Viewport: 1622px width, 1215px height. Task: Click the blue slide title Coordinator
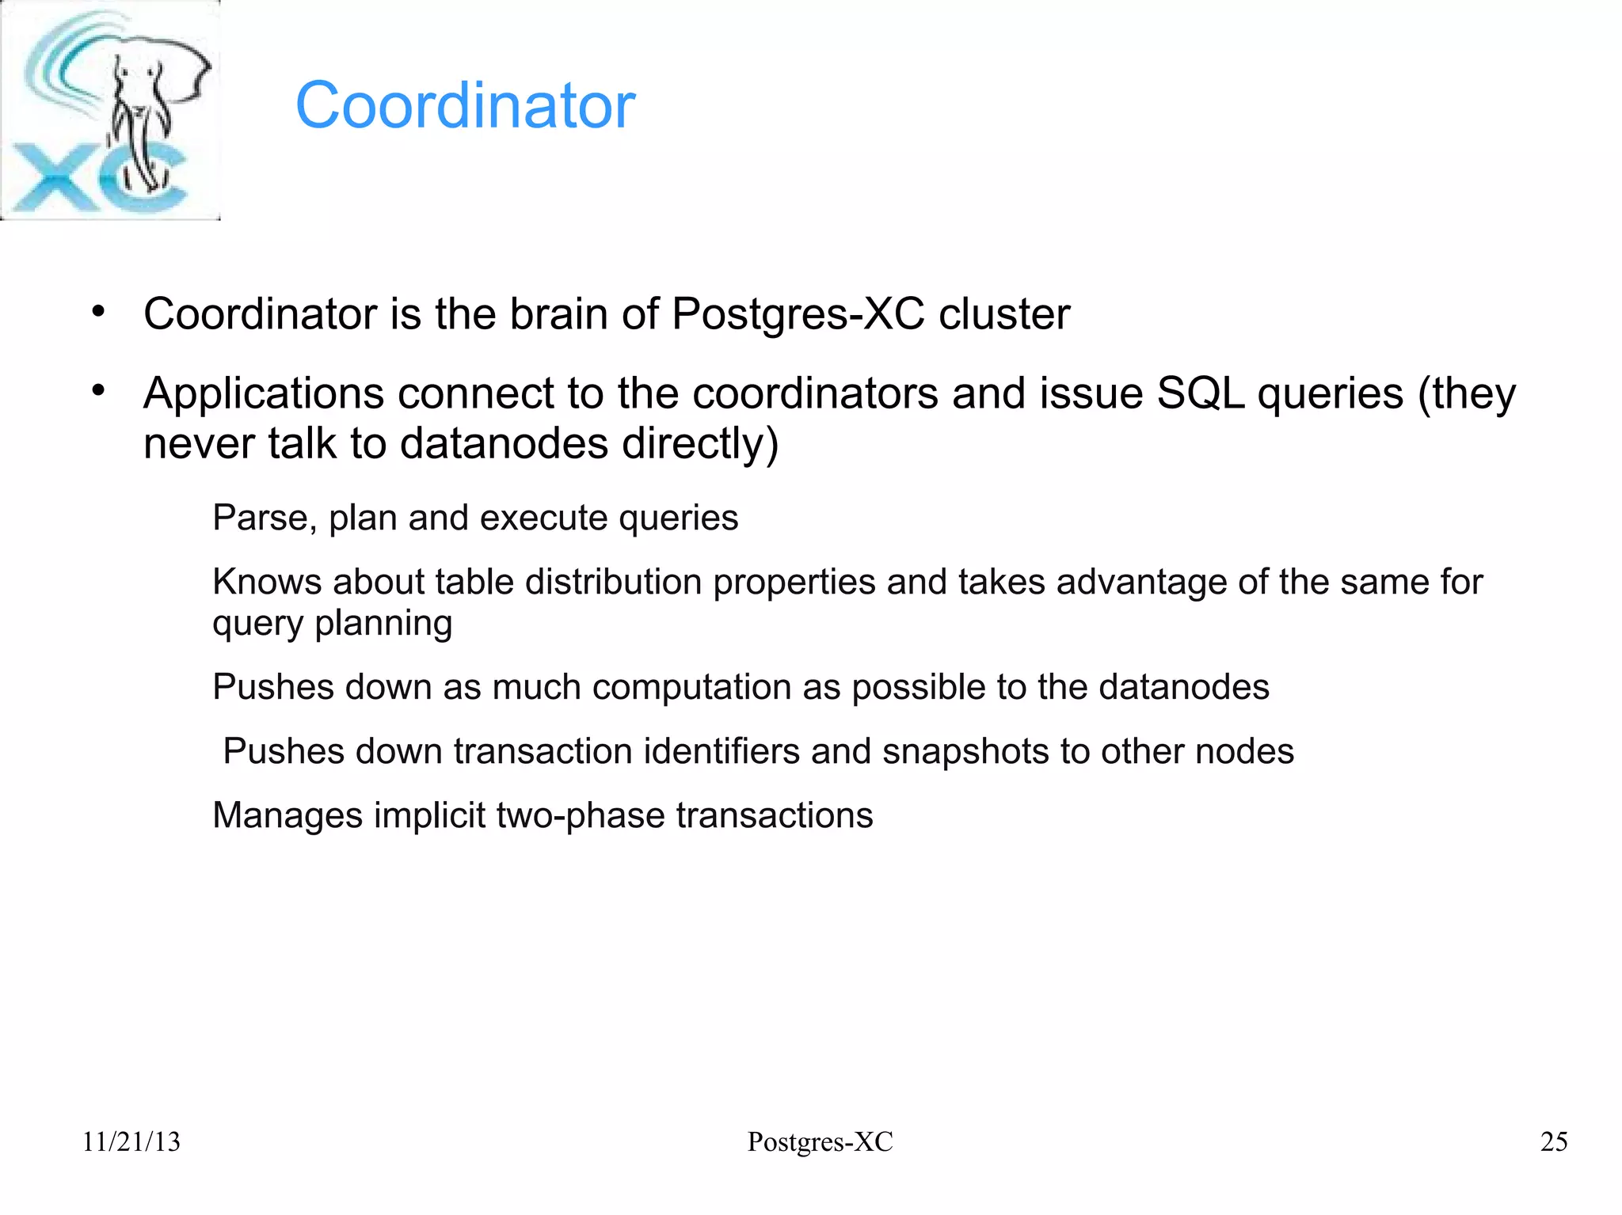tap(465, 105)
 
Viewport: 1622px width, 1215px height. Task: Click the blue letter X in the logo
tap(51, 178)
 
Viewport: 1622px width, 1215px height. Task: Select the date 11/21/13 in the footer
tap(131, 1141)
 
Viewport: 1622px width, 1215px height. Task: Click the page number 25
tap(1554, 1141)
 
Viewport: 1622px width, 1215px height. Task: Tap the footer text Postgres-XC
tap(820, 1141)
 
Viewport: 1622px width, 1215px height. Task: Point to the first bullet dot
tap(97, 311)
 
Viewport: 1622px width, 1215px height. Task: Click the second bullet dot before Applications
tap(97, 390)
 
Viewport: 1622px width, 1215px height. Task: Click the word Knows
tap(267, 582)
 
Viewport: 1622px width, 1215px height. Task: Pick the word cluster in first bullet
tap(1004, 313)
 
